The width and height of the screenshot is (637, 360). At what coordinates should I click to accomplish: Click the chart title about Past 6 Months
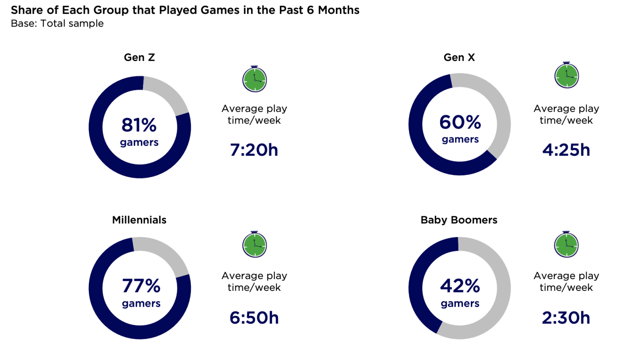185,10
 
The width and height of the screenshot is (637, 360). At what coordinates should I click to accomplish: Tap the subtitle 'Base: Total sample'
57,23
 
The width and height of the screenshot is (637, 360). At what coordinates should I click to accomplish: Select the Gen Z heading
140,57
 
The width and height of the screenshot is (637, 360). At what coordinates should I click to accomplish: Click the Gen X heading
459,57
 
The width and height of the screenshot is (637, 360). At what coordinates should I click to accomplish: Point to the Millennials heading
139,220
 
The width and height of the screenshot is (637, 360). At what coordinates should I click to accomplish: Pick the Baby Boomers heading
459,220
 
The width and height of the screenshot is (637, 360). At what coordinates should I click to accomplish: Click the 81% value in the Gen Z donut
139,125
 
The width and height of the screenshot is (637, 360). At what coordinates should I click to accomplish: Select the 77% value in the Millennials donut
141,286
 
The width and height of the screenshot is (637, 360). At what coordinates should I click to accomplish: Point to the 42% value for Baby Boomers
460,286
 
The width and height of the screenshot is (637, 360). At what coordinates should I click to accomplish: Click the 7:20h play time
254,150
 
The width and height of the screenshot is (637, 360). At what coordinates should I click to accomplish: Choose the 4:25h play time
566,150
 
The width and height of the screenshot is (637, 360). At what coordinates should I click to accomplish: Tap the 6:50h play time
254,318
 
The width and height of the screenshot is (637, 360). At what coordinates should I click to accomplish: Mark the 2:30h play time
566,318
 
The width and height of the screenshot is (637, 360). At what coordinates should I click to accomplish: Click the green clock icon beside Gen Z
255,79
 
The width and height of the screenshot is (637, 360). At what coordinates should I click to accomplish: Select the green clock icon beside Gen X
567,75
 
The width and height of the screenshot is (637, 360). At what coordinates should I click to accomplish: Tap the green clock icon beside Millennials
255,245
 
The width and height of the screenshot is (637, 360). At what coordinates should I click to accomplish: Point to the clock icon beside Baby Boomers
567,245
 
